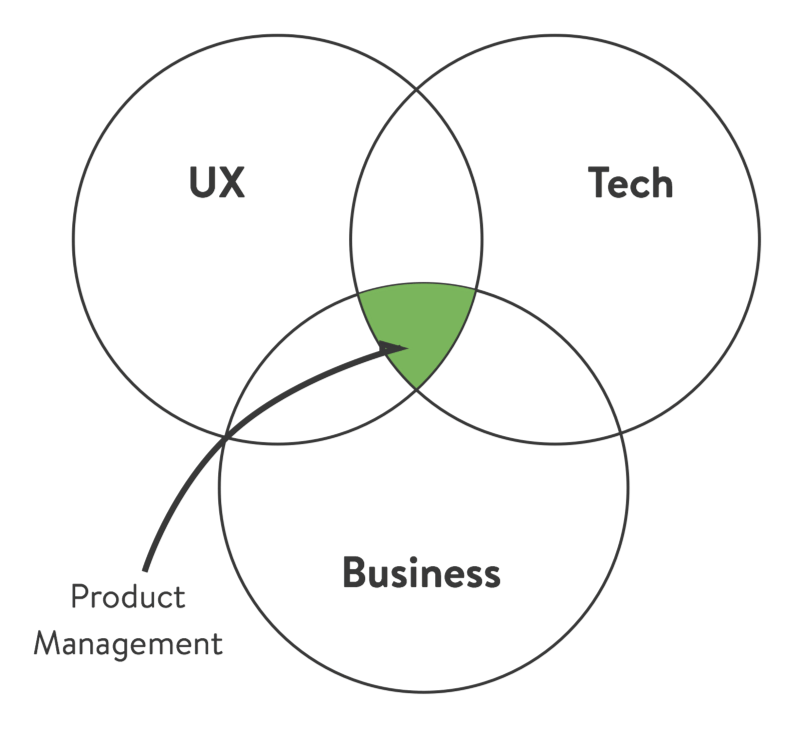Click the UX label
(217, 183)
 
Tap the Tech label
(630, 183)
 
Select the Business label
(421, 573)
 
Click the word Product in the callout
(128, 597)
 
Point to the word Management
(127, 642)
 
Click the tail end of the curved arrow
(148, 568)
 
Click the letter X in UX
(232, 183)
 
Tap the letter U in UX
(203, 183)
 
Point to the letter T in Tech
(598, 183)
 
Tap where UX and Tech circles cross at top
(416, 88)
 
